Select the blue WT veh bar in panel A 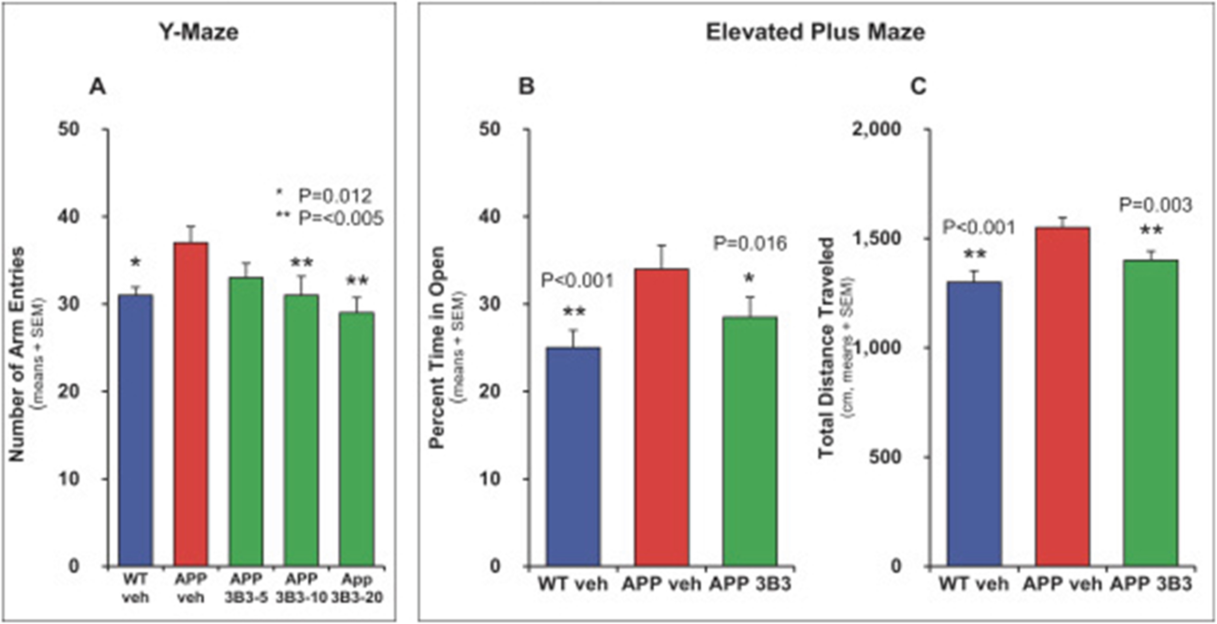tap(136, 430)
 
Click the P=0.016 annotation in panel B tap(750, 244)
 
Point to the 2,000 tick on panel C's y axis tap(876, 129)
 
